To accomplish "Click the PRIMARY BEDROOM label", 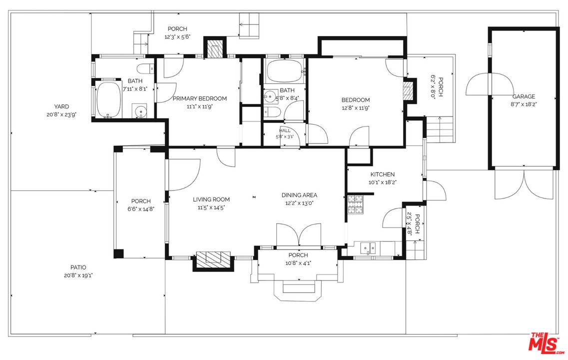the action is (200, 98).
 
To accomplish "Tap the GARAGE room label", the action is (524, 96).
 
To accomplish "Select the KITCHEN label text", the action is (383, 174).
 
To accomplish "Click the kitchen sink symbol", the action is (368, 248).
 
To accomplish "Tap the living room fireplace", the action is (213, 260).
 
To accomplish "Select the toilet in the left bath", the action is (147, 68).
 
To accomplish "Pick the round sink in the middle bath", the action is (270, 96).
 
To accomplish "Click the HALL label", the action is (285, 130).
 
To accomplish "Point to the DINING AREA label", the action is (299, 195).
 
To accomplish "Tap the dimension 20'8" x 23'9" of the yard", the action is (61, 114).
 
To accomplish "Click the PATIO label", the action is (78, 267).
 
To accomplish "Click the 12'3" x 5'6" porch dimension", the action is (177, 36).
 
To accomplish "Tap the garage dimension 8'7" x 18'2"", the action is (524, 104).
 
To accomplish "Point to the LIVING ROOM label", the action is (211, 199).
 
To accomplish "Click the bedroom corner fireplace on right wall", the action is (410, 90).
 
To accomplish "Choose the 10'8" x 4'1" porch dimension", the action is (298, 263).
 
